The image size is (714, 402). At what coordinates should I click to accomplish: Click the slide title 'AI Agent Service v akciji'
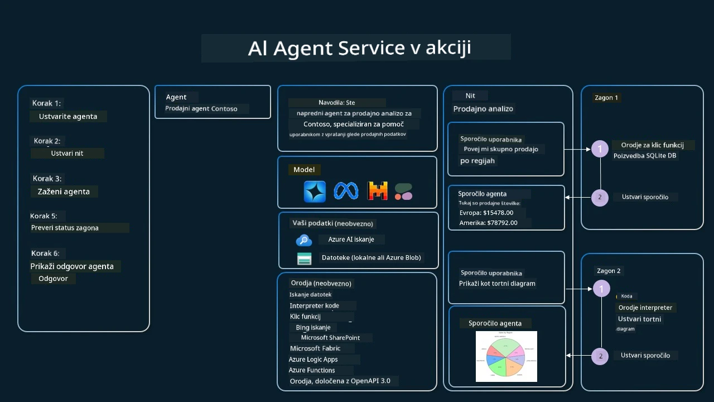[359, 47]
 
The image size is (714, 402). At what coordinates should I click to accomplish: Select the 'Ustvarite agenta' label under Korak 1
[68, 116]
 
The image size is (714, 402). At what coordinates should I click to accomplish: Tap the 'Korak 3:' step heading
[47, 179]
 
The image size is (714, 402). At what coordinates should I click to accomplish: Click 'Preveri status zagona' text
[65, 228]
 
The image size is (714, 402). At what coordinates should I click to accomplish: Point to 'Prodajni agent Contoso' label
[201, 108]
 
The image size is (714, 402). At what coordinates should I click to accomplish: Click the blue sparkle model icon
[315, 192]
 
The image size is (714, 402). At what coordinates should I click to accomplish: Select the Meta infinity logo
[346, 192]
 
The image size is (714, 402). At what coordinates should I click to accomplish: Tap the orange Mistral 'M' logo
[378, 192]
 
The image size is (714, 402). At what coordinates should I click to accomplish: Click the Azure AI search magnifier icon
[303, 240]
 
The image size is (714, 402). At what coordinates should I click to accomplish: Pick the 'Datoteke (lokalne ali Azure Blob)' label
[372, 257]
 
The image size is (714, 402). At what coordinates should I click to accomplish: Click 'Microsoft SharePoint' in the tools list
[330, 337]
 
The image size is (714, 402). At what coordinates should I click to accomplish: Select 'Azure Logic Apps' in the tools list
[313, 359]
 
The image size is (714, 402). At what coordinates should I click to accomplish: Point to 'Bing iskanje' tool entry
[313, 327]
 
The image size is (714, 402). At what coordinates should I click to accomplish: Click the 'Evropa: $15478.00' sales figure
[486, 213]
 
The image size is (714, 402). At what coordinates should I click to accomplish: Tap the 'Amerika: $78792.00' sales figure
[488, 223]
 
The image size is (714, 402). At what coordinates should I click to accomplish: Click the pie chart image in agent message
[506, 356]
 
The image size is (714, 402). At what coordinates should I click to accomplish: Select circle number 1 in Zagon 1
[600, 149]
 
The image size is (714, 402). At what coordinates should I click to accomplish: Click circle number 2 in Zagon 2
[600, 356]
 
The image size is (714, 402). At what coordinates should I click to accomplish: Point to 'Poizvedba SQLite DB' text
[645, 155]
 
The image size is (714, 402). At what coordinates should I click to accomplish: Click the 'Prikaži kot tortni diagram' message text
[497, 283]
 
